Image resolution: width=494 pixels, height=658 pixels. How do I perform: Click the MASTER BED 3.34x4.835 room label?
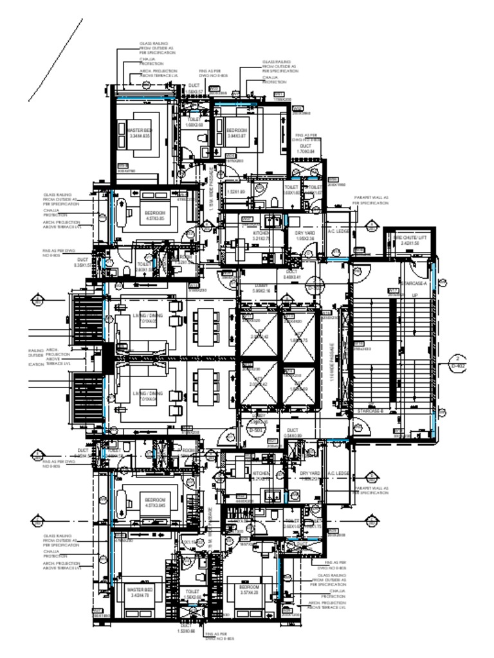click(139, 133)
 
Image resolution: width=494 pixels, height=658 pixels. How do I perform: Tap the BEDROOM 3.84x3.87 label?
click(237, 133)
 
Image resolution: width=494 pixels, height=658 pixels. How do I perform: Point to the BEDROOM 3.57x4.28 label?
click(248, 590)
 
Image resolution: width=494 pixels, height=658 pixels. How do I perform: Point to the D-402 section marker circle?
click(458, 362)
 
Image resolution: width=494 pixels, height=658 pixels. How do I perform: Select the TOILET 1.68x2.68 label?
click(194, 122)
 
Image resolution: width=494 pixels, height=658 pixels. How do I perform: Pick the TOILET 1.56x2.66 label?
click(192, 594)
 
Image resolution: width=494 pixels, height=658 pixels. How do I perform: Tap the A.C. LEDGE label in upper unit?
click(338, 232)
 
